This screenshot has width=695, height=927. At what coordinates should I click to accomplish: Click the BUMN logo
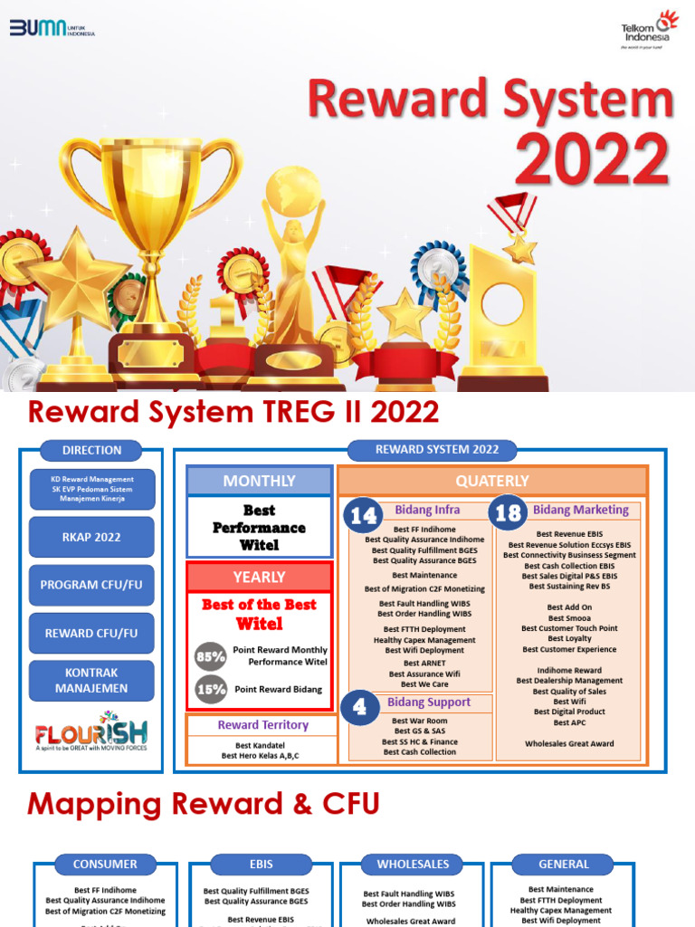[x=52, y=28]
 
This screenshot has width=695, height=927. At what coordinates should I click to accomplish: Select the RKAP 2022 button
[x=91, y=537]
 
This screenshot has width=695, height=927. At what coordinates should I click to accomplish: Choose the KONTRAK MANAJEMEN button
[x=91, y=681]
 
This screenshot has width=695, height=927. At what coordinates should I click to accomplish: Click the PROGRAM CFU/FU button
[x=91, y=585]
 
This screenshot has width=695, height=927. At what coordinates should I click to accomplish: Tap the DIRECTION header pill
[x=91, y=450]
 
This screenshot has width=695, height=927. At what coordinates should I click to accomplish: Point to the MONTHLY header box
[x=259, y=481]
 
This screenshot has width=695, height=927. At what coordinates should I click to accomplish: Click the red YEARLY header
[x=259, y=577]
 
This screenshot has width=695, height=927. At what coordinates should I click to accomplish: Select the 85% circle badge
[x=211, y=655]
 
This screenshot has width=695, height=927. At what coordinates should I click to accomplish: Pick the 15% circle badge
[x=211, y=690]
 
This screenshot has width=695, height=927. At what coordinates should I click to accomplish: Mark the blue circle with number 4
[x=361, y=707]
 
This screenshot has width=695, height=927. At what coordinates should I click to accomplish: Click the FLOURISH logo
[x=90, y=731]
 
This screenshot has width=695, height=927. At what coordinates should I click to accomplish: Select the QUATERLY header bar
[x=493, y=481]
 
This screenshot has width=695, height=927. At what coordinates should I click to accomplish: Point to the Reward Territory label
[x=262, y=725]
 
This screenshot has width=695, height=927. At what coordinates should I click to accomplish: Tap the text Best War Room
[x=419, y=721]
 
